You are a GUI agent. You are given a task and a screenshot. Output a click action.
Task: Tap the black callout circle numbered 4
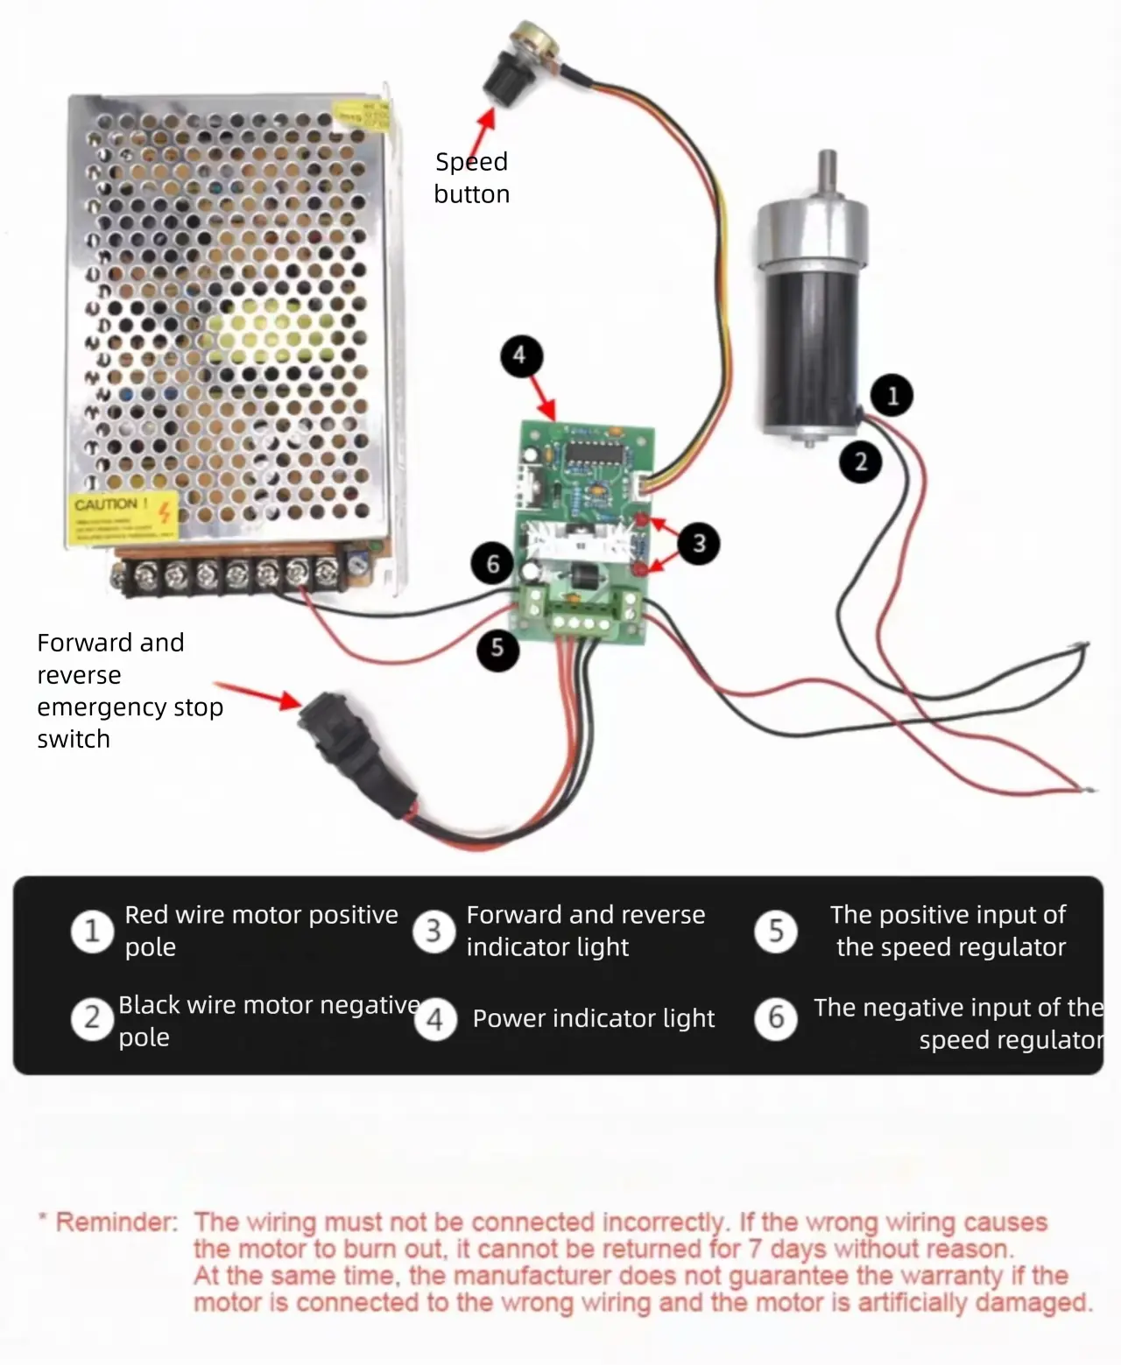(x=521, y=355)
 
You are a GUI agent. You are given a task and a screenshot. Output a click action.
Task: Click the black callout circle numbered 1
(x=892, y=396)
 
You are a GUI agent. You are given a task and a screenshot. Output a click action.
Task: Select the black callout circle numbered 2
(x=861, y=461)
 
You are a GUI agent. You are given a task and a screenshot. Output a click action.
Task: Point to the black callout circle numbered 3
(x=698, y=544)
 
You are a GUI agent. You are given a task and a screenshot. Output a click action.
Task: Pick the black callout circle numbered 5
(x=497, y=648)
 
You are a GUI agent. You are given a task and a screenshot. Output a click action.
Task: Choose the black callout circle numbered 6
(x=493, y=563)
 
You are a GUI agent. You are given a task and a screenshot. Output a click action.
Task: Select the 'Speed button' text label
(x=471, y=178)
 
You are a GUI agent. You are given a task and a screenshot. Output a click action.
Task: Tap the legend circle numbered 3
(x=434, y=931)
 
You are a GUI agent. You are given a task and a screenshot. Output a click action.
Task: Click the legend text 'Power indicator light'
(x=594, y=1018)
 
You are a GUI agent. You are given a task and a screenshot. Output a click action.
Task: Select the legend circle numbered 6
(x=776, y=1018)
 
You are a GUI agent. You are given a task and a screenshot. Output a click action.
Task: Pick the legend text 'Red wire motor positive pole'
(x=260, y=931)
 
